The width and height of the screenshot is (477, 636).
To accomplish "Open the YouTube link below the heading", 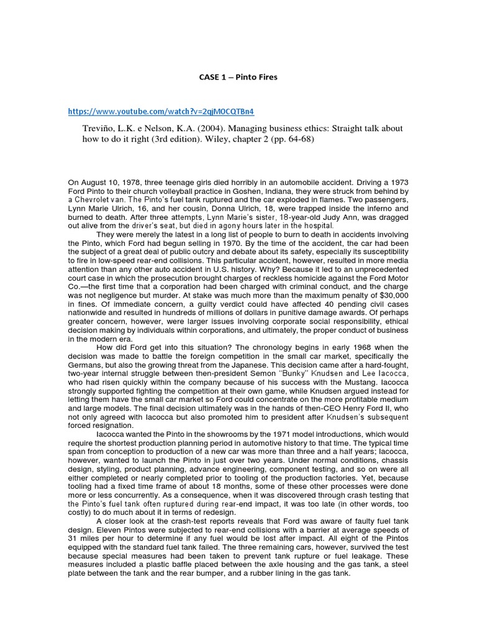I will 161,111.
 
